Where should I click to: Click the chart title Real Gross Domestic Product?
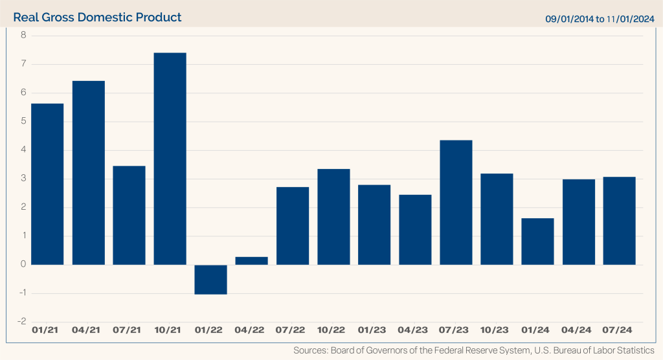pyautogui.click(x=97, y=17)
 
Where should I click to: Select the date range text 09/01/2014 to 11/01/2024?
pyautogui.click(x=600, y=18)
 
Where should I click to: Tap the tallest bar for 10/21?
pyautogui.click(x=170, y=159)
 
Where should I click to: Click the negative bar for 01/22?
pyautogui.click(x=210, y=279)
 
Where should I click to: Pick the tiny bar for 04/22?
pyautogui.click(x=251, y=260)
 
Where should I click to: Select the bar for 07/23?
pyautogui.click(x=456, y=202)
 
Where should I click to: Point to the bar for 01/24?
pyautogui.click(x=537, y=241)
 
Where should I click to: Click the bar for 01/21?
pyautogui.click(x=47, y=184)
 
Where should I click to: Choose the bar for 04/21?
pyautogui.click(x=88, y=172)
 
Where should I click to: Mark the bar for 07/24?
pyautogui.click(x=619, y=220)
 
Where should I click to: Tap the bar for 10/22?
pyautogui.click(x=333, y=216)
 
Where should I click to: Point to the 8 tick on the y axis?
pyautogui.click(x=23, y=36)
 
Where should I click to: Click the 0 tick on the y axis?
pyautogui.click(x=23, y=264)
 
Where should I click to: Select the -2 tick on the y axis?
pyautogui.click(x=21, y=321)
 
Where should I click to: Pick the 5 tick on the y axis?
pyautogui.click(x=23, y=121)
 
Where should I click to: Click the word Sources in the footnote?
pyautogui.click(x=311, y=350)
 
